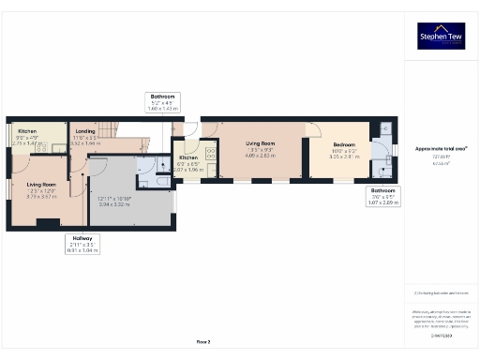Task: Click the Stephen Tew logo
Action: tap(441, 36)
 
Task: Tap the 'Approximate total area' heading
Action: tap(441, 148)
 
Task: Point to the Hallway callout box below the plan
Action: tap(82, 245)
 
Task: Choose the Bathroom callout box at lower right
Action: tap(382, 195)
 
